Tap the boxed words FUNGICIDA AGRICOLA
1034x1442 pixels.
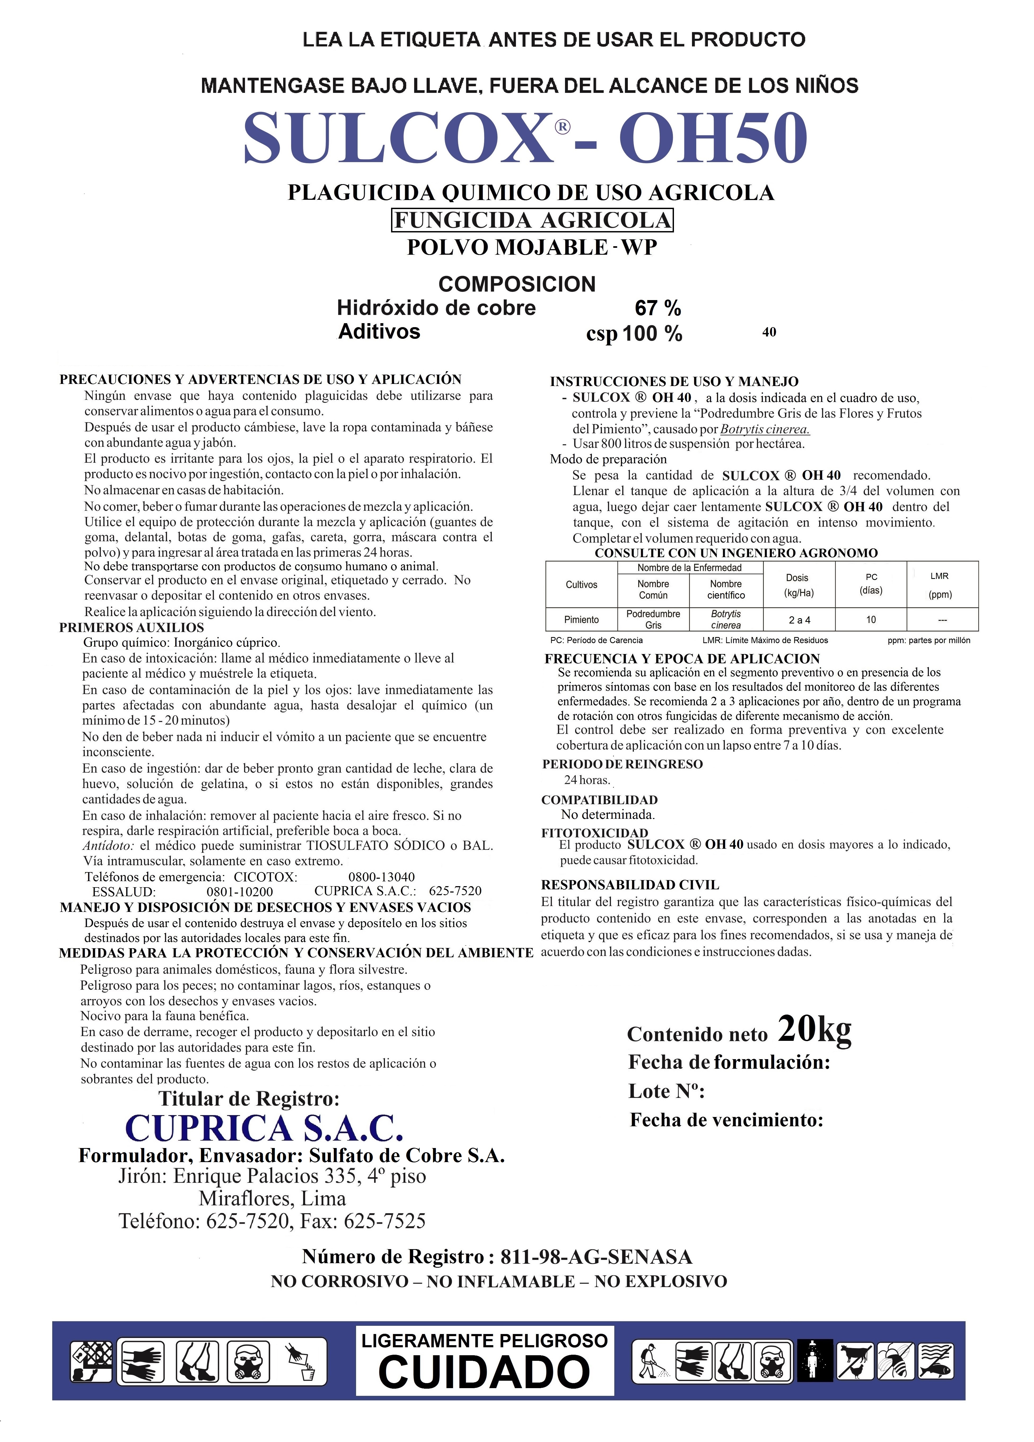pyautogui.click(x=532, y=220)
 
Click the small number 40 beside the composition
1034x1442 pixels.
pyautogui.click(x=769, y=332)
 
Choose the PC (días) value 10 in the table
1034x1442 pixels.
pyautogui.click(x=871, y=619)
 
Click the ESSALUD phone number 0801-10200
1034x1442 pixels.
pyautogui.click(x=240, y=891)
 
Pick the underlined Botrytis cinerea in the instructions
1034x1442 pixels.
pyautogui.click(x=765, y=429)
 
